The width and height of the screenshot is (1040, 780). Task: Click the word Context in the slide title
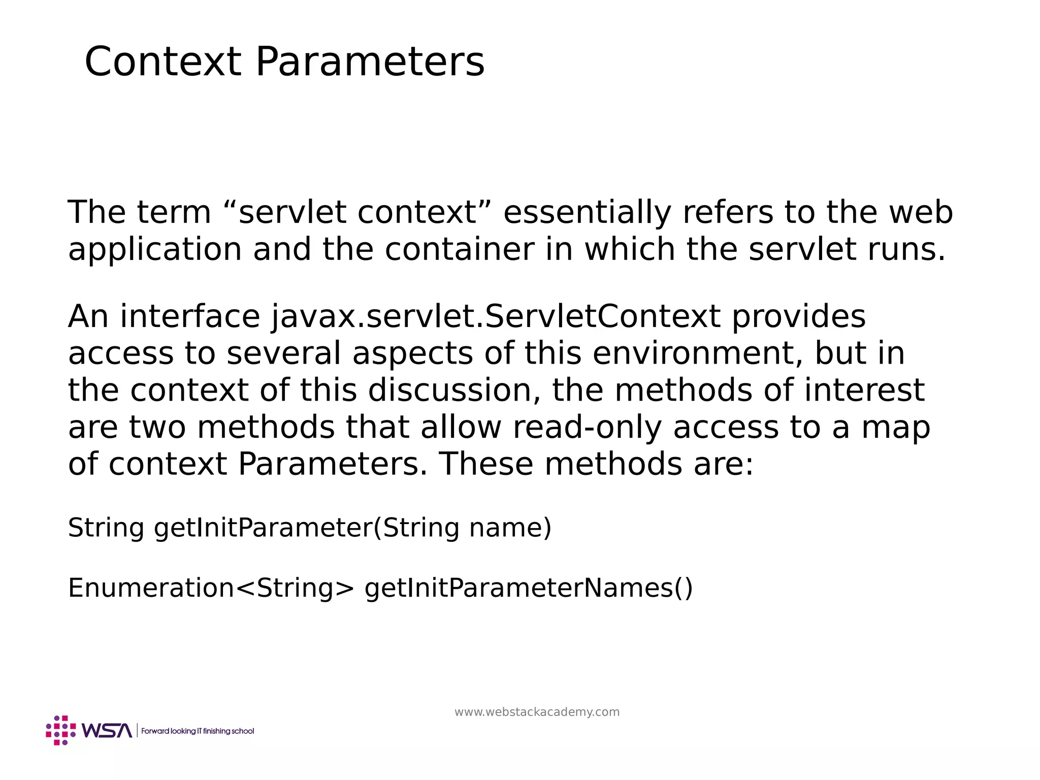click(x=162, y=61)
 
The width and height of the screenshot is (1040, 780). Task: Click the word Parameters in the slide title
click(x=370, y=61)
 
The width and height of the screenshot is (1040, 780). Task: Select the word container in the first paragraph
click(x=459, y=249)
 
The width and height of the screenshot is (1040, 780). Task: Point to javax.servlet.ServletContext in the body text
click(x=496, y=316)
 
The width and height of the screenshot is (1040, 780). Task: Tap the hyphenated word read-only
click(x=587, y=427)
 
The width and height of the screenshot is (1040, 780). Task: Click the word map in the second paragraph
click(x=896, y=428)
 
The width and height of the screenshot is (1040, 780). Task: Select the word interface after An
click(x=190, y=316)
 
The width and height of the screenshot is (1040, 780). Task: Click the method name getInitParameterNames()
click(x=528, y=588)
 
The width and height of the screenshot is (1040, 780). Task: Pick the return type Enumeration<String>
click(x=211, y=588)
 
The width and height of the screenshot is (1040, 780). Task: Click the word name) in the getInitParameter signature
click(x=510, y=528)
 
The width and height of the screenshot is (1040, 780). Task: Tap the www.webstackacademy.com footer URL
click(x=537, y=712)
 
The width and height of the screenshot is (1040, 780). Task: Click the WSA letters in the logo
click(x=107, y=731)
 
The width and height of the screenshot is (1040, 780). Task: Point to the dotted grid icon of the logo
click(x=61, y=730)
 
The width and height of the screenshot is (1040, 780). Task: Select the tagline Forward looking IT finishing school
click(x=198, y=731)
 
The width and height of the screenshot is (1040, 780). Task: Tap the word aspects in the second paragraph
click(x=412, y=353)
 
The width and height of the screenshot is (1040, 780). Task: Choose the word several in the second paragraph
click(x=283, y=353)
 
